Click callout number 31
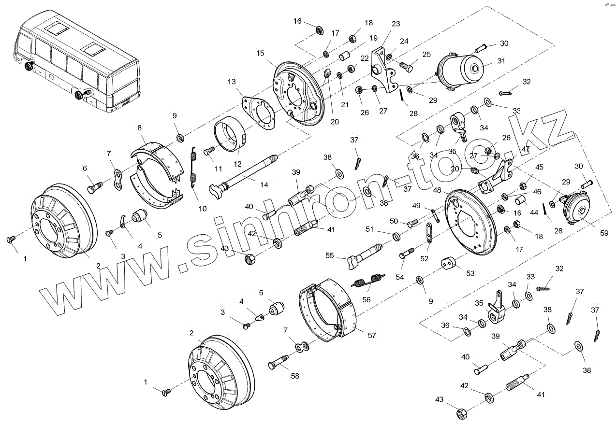[x=500, y=61]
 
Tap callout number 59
[x=603, y=233]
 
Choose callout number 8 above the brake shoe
[x=139, y=128]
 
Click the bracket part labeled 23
[x=382, y=68]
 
